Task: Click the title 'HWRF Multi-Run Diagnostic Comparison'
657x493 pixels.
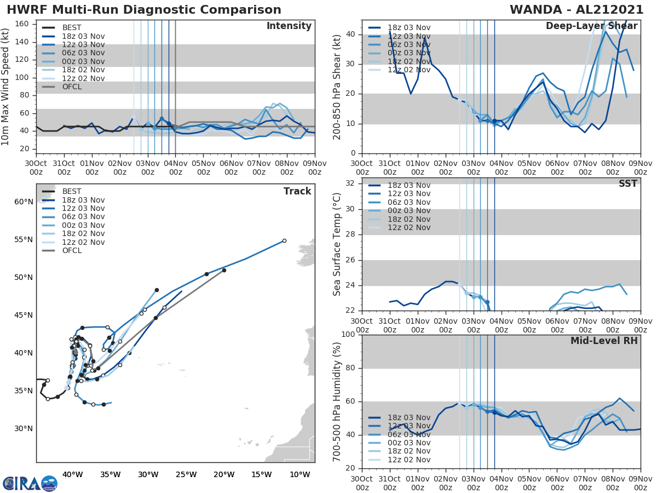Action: (x=144, y=10)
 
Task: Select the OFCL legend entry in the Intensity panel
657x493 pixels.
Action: (x=72, y=87)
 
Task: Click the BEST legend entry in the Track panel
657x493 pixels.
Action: (x=72, y=191)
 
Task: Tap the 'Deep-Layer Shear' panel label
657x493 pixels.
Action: (x=591, y=26)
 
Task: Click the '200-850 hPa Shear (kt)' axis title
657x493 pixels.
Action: (x=337, y=87)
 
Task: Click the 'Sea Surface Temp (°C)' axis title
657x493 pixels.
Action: (x=337, y=244)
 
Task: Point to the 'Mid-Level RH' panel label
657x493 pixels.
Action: (x=604, y=341)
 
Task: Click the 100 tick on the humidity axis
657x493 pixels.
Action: (x=348, y=335)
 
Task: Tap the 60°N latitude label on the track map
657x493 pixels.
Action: (x=24, y=202)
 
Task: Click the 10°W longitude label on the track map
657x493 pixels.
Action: (x=299, y=474)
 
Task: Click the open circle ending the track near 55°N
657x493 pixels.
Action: (x=284, y=240)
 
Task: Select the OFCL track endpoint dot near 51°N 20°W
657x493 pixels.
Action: (x=224, y=270)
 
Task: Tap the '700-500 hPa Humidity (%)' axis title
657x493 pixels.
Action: (x=337, y=401)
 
